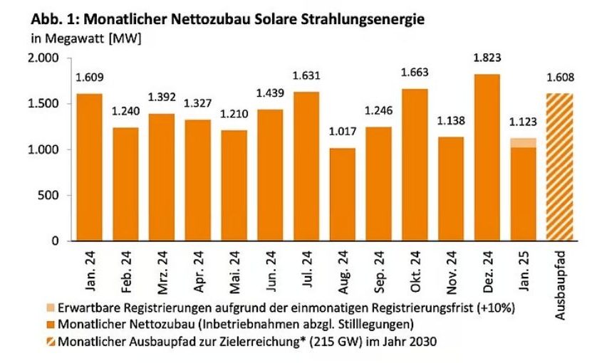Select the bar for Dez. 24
(487, 157)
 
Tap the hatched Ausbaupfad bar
(559, 167)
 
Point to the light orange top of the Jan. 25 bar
(523, 142)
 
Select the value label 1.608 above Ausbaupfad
(559, 78)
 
